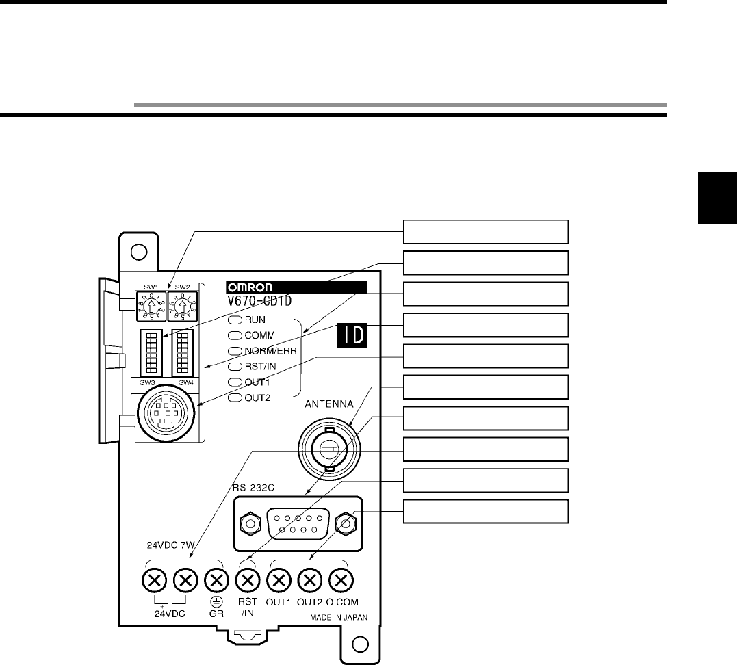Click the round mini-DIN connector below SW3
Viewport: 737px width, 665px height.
[161, 417]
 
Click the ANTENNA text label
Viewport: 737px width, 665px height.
[329, 404]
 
